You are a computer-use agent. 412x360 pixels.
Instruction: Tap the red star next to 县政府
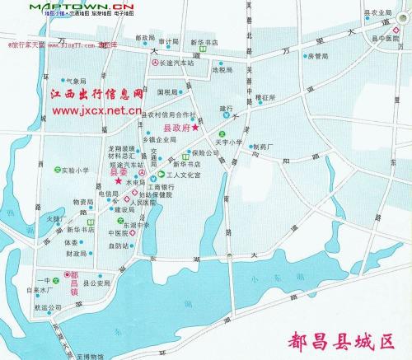195,128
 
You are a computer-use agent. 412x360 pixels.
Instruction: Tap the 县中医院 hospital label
382,38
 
